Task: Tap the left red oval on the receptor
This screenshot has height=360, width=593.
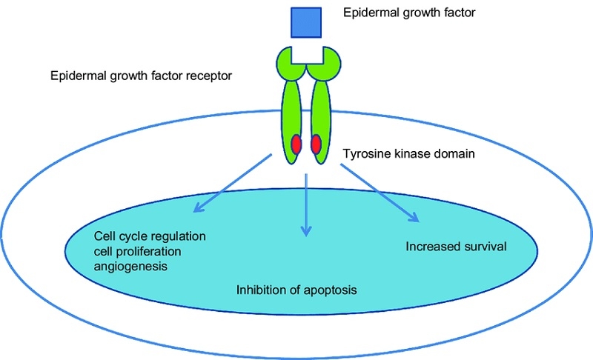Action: (296, 144)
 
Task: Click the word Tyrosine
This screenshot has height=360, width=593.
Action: (366, 155)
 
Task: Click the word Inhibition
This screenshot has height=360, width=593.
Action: (259, 290)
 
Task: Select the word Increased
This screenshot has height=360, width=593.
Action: (431, 245)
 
